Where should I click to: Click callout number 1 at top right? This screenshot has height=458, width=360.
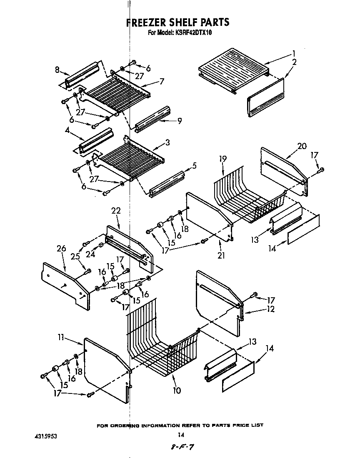point(294,53)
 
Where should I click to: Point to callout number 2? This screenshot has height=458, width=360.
point(294,62)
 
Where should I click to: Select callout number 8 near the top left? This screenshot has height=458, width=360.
point(57,70)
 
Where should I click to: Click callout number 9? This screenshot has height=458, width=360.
point(180,121)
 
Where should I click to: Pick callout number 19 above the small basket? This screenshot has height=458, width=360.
point(222,159)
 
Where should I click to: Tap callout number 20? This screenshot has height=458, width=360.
point(302,146)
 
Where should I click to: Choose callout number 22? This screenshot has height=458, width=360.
point(116,211)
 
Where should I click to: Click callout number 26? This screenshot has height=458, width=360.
point(61,249)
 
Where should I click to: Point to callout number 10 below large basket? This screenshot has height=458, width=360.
point(177,391)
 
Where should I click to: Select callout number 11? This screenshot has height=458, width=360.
point(61,338)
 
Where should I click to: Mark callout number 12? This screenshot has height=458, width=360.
point(271,309)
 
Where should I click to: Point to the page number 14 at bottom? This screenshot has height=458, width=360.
point(180,435)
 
